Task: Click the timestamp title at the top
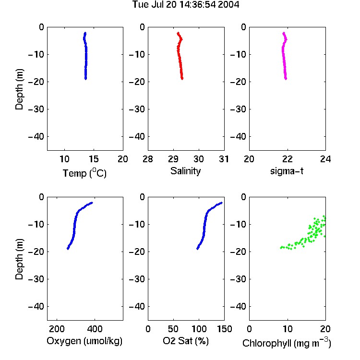(x=186, y=4)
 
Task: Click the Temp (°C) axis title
(x=84, y=173)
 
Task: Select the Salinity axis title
(x=185, y=171)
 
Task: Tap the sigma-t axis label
(x=287, y=171)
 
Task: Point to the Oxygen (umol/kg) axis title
(x=84, y=341)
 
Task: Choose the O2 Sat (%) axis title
(x=186, y=341)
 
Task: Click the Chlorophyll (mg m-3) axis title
(x=287, y=343)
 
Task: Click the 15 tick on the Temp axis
(x=94, y=159)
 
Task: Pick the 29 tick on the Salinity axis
(x=173, y=159)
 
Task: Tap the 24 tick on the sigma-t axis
(x=325, y=159)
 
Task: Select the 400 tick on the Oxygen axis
(x=95, y=329)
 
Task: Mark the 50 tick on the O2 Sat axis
(x=173, y=329)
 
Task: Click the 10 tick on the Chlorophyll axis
(x=288, y=329)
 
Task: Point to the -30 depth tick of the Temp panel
(x=36, y=109)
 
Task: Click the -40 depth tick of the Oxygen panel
(x=36, y=306)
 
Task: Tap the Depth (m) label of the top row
(x=19, y=89)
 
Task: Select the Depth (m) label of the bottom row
(x=19, y=259)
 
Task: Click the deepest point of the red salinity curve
(x=182, y=79)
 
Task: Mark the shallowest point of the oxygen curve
(x=92, y=203)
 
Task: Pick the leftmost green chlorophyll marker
(x=281, y=248)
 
